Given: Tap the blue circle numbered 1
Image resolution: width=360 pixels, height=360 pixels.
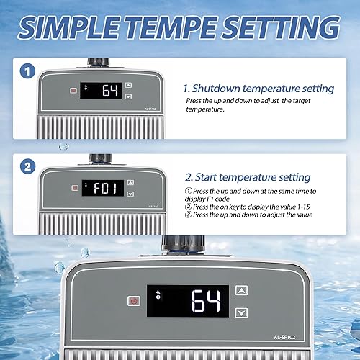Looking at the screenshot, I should [x=27, y=72].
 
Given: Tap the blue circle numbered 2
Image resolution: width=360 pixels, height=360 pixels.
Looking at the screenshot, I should [x=27, y=166].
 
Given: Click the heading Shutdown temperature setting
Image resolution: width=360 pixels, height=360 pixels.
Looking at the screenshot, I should [x=260, y=89].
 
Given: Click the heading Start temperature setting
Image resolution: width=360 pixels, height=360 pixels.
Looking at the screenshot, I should [x=248, y=177].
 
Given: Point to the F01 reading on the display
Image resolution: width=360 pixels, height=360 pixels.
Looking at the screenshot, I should [x=104, y=187].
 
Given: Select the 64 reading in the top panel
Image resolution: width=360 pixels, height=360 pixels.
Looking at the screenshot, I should [x=109, y=91].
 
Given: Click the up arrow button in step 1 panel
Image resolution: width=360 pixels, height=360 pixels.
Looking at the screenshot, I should [x=129, y=85].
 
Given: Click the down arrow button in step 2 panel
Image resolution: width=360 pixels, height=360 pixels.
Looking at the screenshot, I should [x=130, y=194].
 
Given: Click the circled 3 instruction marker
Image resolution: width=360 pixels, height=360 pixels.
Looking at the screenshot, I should [x=188, y=215].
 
